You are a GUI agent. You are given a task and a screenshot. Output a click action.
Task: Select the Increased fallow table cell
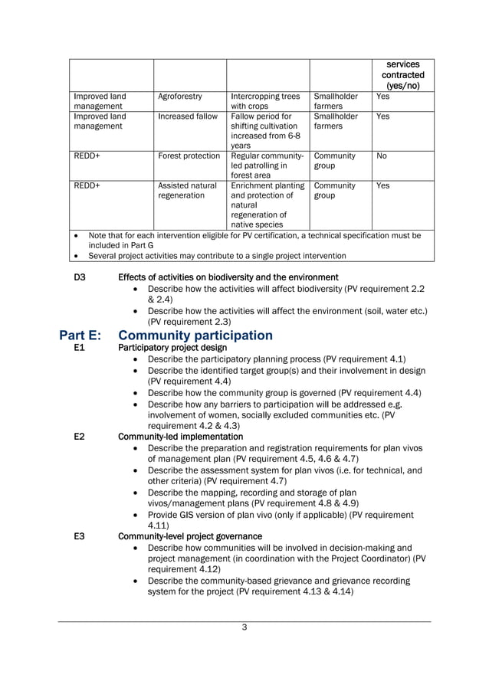point(188,116)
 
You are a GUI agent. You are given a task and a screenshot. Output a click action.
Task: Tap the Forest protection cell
point(189,156)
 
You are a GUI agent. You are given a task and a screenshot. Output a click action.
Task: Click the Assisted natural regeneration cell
point(188,192)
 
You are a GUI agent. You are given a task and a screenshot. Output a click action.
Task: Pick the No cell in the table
point(382,156)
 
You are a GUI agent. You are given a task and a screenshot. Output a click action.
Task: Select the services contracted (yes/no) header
point(402,75)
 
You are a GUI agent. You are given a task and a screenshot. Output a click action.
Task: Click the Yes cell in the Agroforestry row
point(382,97)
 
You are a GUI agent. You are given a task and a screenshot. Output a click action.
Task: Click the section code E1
point(78,348)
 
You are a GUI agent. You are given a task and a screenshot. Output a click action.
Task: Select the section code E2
point(78,436)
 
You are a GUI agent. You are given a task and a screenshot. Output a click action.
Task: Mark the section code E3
point(78,536)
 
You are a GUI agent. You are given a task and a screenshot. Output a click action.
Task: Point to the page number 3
point(244,628)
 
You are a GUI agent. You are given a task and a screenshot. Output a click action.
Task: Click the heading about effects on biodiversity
point(228,277)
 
